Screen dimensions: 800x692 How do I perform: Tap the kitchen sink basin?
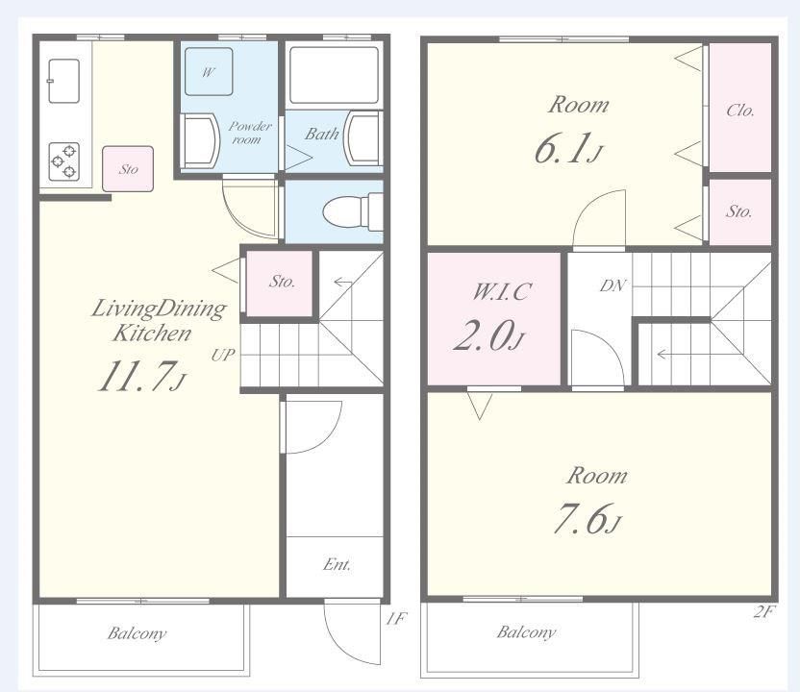coord(63,81)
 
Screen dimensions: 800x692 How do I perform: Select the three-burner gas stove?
coord(63,161)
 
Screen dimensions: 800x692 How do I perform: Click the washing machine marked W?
coord(209,72)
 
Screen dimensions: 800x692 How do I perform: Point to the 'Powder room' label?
coord(249,133)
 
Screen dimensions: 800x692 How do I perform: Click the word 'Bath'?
coord(321,135)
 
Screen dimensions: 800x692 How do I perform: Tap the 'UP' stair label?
coord(223,355)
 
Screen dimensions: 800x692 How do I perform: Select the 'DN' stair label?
coord(612,285)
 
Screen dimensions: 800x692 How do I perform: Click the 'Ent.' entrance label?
coord(337,564)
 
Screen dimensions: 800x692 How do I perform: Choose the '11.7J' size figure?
coord(142,377)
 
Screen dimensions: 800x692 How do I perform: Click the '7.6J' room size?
coord(587,519)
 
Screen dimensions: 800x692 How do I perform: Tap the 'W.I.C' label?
coord(502,291)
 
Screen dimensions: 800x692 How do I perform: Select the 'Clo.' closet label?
coord(740,111)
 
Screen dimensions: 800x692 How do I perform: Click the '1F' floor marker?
coord(396,619)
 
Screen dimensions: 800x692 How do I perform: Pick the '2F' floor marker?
coord(763,611)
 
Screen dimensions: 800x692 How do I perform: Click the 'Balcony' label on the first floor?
coord(137,633)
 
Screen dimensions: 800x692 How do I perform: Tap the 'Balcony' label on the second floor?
coord(526,632)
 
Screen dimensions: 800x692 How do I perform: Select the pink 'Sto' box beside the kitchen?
coord(128,169)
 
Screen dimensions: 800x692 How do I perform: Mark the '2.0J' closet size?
coord(488,335)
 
